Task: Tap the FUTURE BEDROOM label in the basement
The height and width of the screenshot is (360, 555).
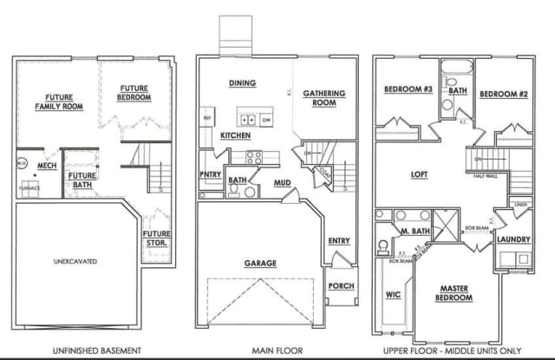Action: click(x=134, y=93)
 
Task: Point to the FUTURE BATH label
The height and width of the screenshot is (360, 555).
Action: click(x=83, y=180)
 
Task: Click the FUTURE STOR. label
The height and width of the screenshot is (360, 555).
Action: click(x=156, y=237)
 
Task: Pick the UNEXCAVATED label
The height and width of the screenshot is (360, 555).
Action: click(x=75, y=260)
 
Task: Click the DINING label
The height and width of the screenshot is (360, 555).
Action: click(x=241, y=83)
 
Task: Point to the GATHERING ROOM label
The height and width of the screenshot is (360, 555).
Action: click(x=323, y=97)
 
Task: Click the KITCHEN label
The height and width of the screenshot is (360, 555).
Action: click(x=236, y=136)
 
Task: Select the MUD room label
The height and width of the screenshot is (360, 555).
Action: click(x=283, y=183)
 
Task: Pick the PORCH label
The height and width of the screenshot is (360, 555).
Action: click(x=340, y=285)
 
